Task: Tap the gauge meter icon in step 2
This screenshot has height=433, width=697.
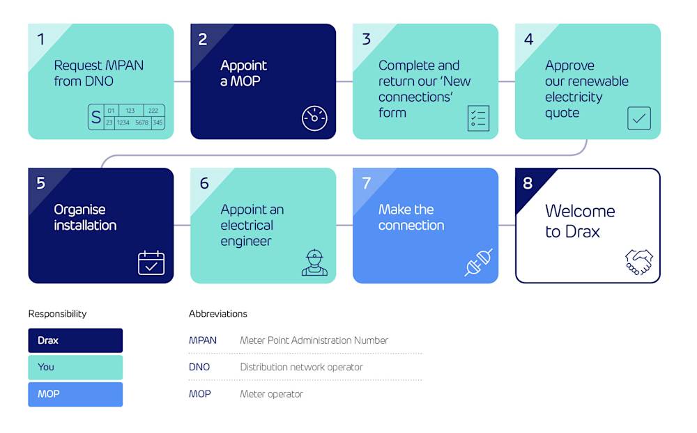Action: coord(314,118)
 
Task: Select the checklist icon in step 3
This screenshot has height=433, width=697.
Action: coord(478,118)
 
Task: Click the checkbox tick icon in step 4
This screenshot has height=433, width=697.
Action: coord(638,118)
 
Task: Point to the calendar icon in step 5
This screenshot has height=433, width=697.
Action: coord(151,263)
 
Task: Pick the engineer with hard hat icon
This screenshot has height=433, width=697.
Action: coord(314,262)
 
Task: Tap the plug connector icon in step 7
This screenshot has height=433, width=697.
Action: coord(479,262)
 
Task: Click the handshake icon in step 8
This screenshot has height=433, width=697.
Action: coord(638,262)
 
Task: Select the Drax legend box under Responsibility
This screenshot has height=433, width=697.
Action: coord(75,340)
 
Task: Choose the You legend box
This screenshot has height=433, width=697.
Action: coord(75,367)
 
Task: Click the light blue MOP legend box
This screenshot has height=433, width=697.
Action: coord(75,394)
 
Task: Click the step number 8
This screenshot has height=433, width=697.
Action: coord(528,183)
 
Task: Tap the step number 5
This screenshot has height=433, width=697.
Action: coord(40,183)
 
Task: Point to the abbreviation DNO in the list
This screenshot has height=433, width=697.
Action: coord(199,367)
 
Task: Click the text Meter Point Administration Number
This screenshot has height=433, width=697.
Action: coord(314,340)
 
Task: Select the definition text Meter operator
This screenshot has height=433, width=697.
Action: coord(271,394)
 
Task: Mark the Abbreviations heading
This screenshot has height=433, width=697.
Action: coord(217,314)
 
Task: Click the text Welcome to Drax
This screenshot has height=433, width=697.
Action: coord(579,221)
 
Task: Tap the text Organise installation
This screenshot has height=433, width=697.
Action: coord(85,217)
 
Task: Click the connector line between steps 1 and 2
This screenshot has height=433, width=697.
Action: coord(182,81)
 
